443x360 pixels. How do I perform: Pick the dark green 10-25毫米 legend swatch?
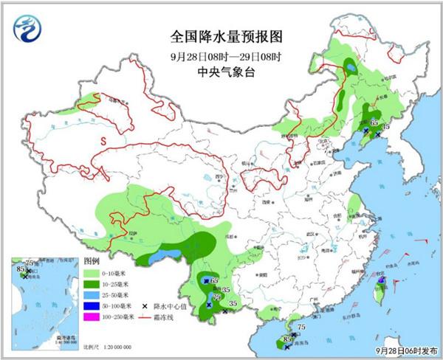point(93,283)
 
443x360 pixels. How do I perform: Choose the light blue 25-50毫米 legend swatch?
point(93,294)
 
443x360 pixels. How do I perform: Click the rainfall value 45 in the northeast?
point(385,126)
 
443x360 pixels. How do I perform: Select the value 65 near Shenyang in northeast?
point(374,122)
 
